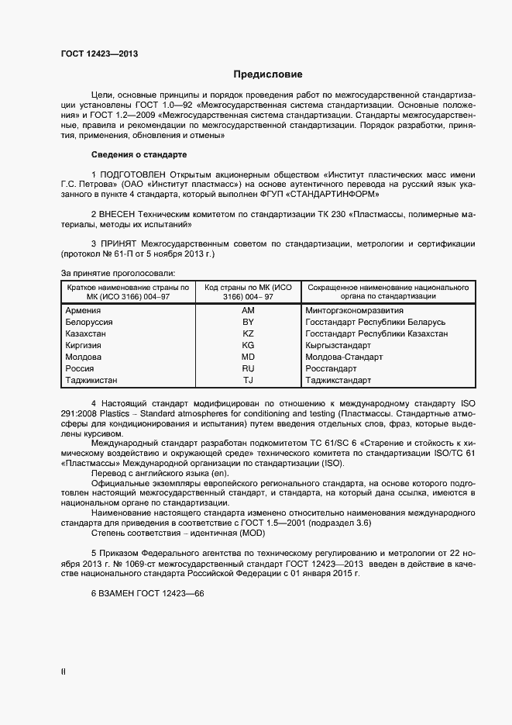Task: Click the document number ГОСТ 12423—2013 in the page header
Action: click(x=100, y=53)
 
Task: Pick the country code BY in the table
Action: click(x=248, y=322)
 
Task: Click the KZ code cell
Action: click(x=248, y=333)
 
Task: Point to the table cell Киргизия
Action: click(x=87, y=345)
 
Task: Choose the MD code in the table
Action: click(x=248, y=357)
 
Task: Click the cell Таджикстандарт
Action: click(x=338, y=380)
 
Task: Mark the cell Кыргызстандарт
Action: click(x=338, y=345)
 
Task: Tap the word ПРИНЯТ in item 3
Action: click(x=122, y=243)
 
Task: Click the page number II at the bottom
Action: click(x=64, y=672)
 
